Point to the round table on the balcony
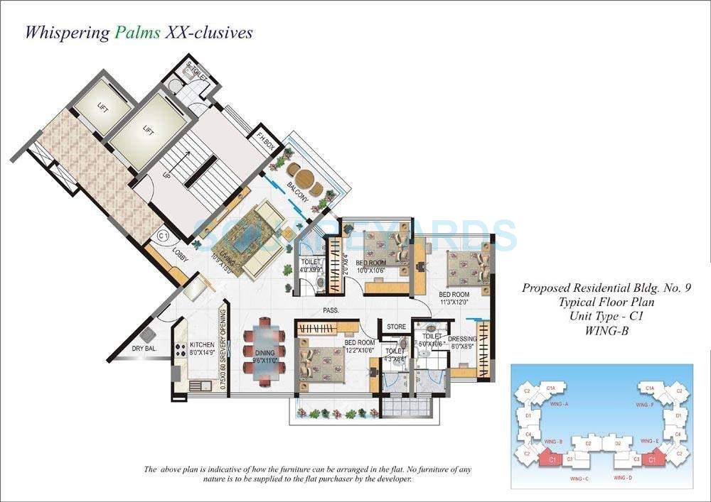[304, 178]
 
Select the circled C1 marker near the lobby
[163, 235]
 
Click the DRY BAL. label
[144, 348]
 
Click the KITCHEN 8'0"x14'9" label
[201, 349]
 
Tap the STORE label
[396, 327]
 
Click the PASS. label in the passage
[329, 310]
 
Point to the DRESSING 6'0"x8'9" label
[462, 342]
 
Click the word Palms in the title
[135, 33]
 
